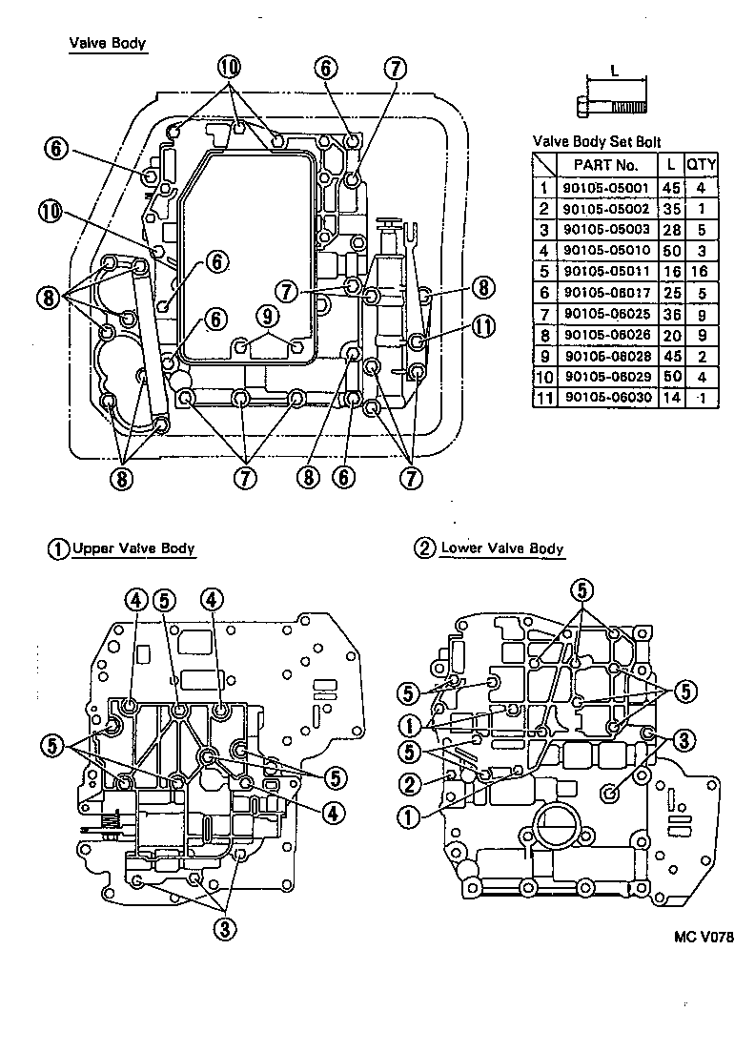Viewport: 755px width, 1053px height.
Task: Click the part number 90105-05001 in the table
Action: pyautogui.click(x=607, y=189)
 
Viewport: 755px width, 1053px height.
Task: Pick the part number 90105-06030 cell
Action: pyautogui.click(x=607, y=397)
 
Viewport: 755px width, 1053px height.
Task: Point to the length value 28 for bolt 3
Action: pyautogui.click(x=671, y=230)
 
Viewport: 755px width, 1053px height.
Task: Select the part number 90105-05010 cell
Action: pyautogui.click(x=607, y=251)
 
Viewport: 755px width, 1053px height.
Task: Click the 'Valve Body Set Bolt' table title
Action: pyautogui.click(x=596, y=141)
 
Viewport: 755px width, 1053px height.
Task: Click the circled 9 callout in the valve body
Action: pyautogui.click(x=268, y=314)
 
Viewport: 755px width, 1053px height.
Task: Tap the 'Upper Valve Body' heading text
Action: pyautogui.click(x=133, y=548)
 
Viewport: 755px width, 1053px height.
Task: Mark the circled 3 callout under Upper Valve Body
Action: pyautogui.click(x=225, y=926)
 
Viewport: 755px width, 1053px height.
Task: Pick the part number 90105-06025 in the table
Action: pyautogui.click(x=607, y=314)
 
